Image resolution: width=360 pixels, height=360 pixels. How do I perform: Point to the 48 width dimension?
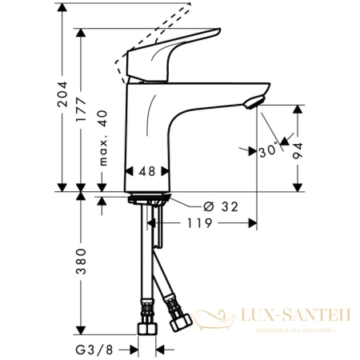coord(146,171)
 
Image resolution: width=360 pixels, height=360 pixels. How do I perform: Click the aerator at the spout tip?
coord(253,101)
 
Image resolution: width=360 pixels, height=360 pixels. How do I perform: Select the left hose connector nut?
coord(148,329)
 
